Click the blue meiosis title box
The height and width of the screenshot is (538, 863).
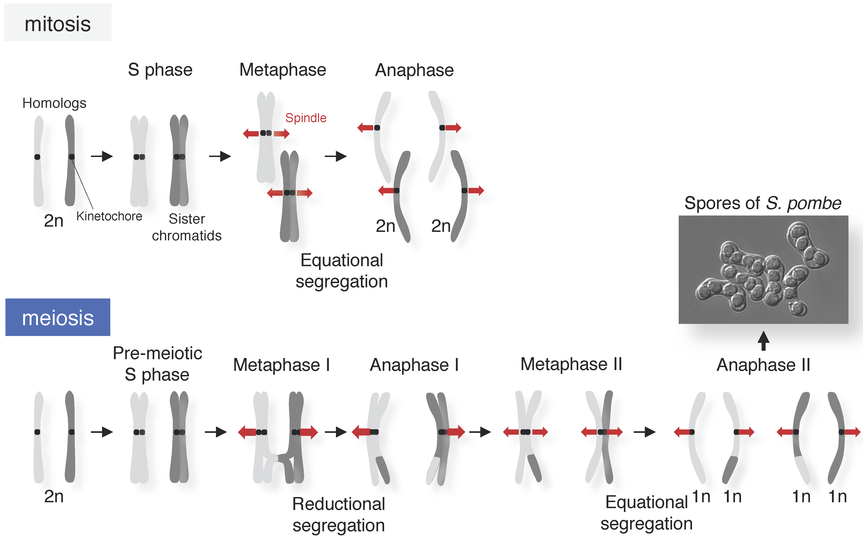tap(58, 317)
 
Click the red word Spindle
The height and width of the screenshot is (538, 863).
tap(306, 118)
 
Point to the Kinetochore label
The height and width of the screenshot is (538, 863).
tap(109, 216)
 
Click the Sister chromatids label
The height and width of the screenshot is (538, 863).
tap(187, 227)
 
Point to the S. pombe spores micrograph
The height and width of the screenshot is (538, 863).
tap(763, 269)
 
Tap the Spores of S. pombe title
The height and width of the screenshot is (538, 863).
tap(763, 203)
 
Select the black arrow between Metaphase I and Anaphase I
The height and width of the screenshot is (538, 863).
tap(336, 432)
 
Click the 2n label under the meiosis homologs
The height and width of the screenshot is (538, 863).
tap(54, 496)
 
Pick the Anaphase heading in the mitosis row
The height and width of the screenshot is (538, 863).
tap(414, 70)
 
